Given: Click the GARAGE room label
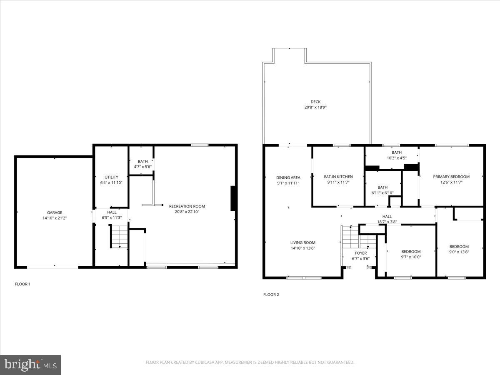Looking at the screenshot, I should click(54, 212).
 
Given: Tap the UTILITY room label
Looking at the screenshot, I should click(111, 177).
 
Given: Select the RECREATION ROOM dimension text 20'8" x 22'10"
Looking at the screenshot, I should click(187, 212).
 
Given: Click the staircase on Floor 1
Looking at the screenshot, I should click(119, 236).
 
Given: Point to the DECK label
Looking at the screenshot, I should click(315, 102).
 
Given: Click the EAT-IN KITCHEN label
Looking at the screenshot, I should click(338, 177).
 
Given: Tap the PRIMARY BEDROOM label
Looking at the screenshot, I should click(451, 177).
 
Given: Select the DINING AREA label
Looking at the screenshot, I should click(288, 177).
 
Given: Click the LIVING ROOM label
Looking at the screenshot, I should click(303, 242).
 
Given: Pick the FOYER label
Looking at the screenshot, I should click(361, 253).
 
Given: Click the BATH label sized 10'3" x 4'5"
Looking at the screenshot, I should click(397, 152).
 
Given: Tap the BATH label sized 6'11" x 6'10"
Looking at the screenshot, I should click(382, 187).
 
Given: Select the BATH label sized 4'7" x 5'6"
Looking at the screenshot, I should click(143, 161).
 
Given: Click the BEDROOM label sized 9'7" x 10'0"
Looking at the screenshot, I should click(411, 251).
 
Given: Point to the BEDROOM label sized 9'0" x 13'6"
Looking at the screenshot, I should click(459, 247).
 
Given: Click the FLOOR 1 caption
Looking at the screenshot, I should click(23, 284).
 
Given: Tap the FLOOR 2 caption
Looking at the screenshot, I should click(271, 295).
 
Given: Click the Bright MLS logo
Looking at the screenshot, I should click(30, 365).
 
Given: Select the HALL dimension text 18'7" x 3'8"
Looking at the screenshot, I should click(387, 222).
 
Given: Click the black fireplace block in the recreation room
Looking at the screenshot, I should click(234, 199).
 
